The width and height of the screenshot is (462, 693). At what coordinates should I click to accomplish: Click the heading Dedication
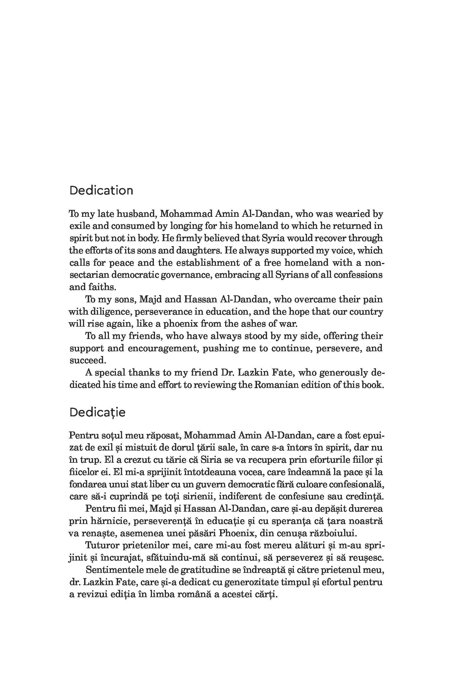(x=101, y=190)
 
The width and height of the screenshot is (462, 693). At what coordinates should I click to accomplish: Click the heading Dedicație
(x=97, y=412)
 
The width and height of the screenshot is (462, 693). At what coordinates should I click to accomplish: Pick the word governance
(x=186, y=275)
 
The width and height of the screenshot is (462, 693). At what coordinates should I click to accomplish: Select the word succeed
(x=87, y=360)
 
